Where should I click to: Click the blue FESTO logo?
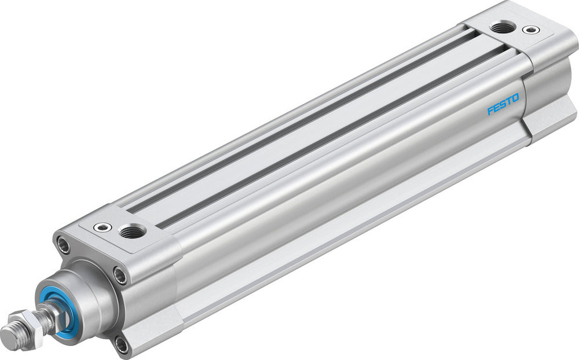(503, 103)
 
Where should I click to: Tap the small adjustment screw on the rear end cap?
(529, 29)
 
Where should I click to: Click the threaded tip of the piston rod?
(12, 336)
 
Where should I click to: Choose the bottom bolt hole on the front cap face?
(121, 346)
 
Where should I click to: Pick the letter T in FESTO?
(509, 100)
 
